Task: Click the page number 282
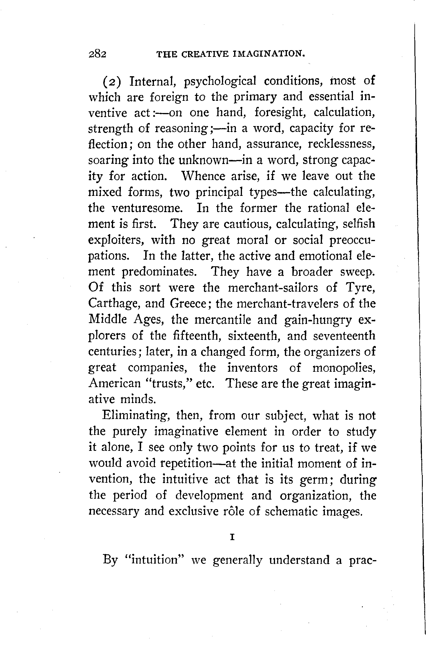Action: click(98, 54)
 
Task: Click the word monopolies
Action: click(344, 368)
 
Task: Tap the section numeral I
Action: click(232, 537)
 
